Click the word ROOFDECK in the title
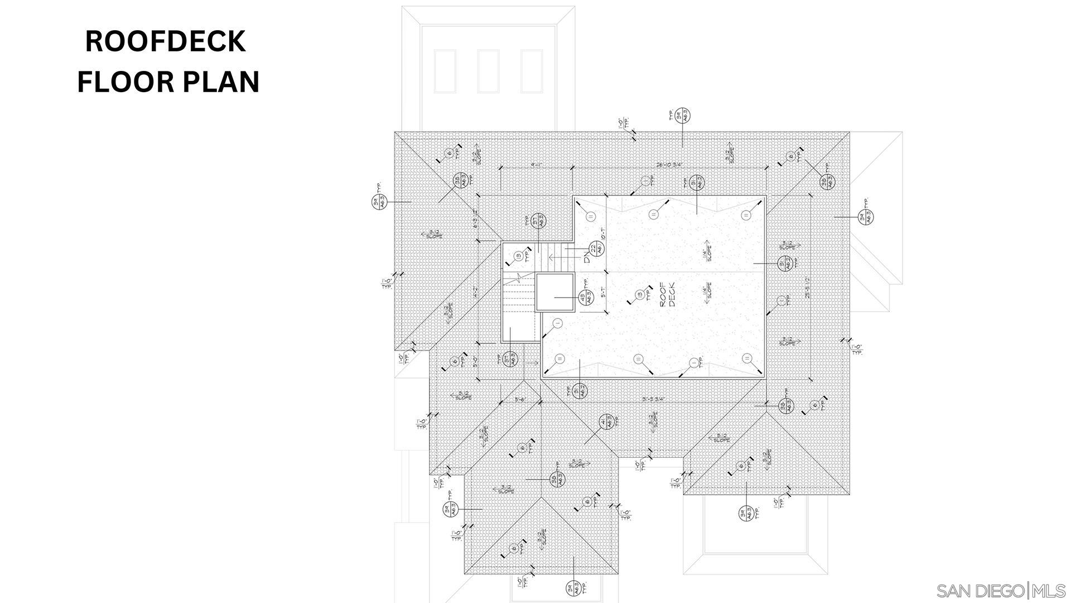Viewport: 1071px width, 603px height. click(x=165, y=42)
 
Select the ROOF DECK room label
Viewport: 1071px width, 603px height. click(x=667, y=294)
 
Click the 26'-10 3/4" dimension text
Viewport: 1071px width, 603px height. click(x=669, y=165)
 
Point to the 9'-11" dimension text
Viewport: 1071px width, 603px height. click(x=537, y=165)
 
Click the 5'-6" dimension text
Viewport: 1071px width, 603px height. click(x=520, y=399)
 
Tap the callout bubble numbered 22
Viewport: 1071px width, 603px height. click(x=596, y=249)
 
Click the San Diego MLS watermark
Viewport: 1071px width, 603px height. click(x=1001, y=591)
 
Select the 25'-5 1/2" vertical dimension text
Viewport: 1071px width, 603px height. click(x=808, y=288)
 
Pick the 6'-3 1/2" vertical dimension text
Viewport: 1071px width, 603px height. click(x=475, y=218)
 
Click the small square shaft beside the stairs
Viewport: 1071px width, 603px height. click(x=554, y=292)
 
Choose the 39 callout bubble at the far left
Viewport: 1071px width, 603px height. click(x=379, y=202)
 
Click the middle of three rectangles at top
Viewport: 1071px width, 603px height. click(x=488, y=71)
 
